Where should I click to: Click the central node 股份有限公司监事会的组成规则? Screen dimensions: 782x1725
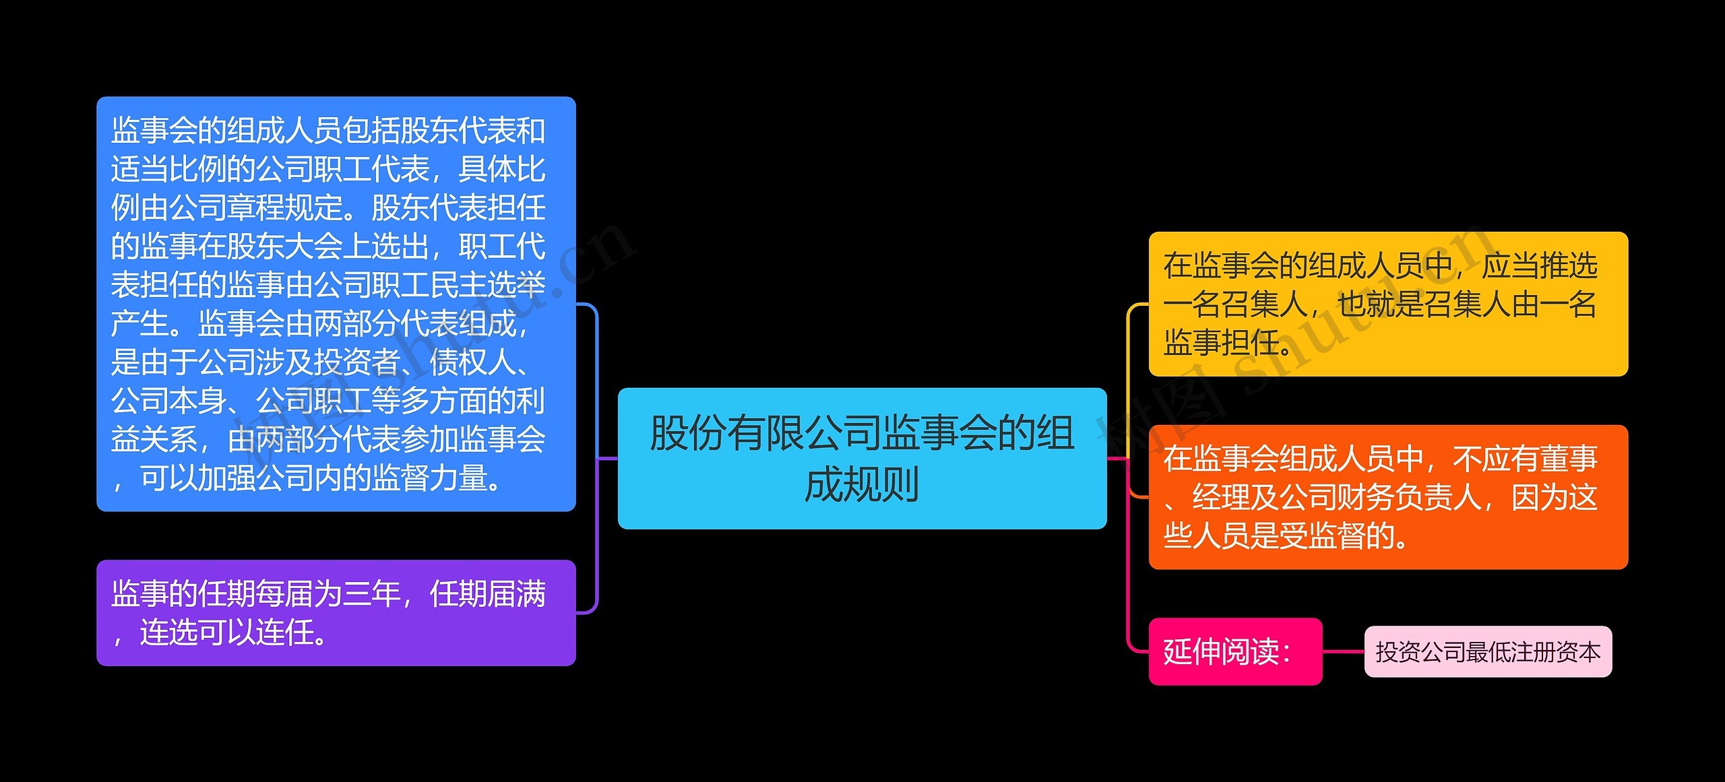[x=862, y=458]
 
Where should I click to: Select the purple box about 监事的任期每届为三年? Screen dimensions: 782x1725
[x=336, y=612]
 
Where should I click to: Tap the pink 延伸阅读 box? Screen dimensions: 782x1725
[x=1234, y=651]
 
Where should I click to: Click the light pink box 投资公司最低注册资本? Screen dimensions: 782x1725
[x=1488, y=651]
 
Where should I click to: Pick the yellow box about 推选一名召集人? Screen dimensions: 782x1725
[x=1388, y=304]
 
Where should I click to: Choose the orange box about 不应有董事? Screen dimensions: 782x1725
[x=1388, y=496]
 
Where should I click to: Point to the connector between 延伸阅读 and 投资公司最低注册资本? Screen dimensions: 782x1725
[x=1343, y=651]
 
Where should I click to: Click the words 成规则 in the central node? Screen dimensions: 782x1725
[x=862, y=484]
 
